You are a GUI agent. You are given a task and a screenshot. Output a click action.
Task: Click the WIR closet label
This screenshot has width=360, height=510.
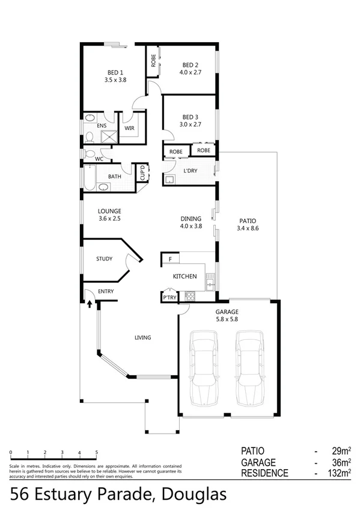click(x=129, y=128)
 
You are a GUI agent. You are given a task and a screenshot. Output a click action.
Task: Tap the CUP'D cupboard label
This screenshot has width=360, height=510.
click(x=142, y=173)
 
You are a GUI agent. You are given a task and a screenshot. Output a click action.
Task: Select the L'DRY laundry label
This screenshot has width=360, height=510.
click(x=190, y=171)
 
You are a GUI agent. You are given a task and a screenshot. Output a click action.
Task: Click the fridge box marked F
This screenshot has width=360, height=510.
click(x=170, y=259)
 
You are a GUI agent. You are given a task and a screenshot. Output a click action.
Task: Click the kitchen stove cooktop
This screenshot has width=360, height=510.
click(x=191, y=296)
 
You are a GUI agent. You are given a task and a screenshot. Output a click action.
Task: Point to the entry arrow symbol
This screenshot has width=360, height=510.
click(x=90, y=304)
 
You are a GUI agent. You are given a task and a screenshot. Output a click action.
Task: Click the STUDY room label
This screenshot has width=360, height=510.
click(x=105, y=259)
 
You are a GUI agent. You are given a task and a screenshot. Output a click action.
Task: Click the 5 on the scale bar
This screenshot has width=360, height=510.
click(x=96, y=452)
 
